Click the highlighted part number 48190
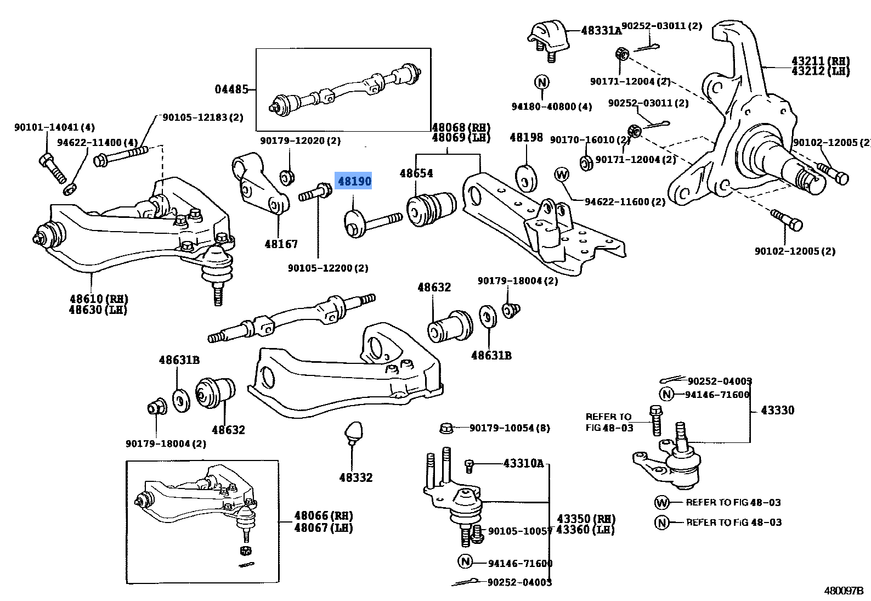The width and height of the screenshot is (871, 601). [354, 181]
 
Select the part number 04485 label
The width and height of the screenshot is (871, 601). [231, 89]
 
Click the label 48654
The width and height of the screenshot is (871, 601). [416, 173]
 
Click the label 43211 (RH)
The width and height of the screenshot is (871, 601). [821, 61]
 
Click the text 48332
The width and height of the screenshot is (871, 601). [355, 478]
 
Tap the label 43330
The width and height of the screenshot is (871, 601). [777, 410]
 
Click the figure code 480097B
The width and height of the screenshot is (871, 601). [844, 591]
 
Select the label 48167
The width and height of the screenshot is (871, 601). [281, 244]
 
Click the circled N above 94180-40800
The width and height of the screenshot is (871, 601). [541, 83]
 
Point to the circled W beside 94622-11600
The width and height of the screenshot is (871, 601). [562, 175]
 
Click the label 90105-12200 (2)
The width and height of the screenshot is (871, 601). [328, 268]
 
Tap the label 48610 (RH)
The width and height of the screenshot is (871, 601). [99, 299]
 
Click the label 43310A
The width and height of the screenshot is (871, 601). [523, 463]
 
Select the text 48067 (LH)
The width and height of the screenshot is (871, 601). [324, 528]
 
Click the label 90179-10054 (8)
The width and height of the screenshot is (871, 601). [510, 428]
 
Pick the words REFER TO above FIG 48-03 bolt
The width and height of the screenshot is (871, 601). [608, 417]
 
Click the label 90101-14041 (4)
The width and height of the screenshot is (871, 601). [54, 127]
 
